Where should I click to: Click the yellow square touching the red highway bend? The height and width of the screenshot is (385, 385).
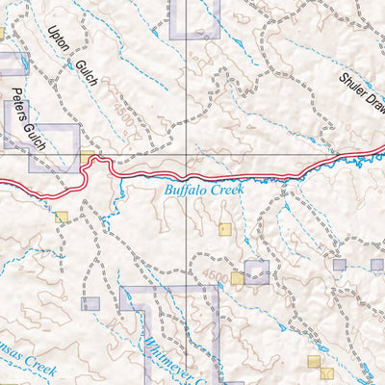pos(89,157)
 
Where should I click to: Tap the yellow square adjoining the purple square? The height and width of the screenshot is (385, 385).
pos(237,278)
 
